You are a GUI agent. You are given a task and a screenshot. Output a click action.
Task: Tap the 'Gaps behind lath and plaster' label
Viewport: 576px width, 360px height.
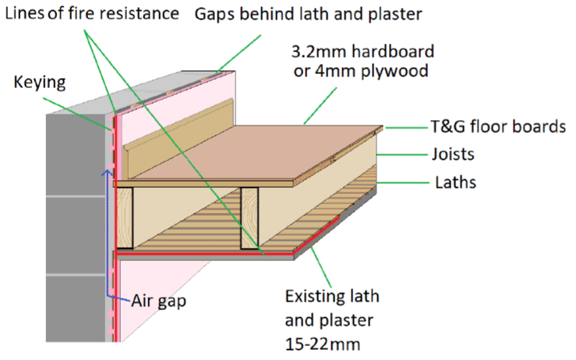tap(299, 13)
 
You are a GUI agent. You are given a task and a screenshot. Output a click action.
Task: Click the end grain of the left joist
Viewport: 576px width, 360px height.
tap(124, 218)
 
